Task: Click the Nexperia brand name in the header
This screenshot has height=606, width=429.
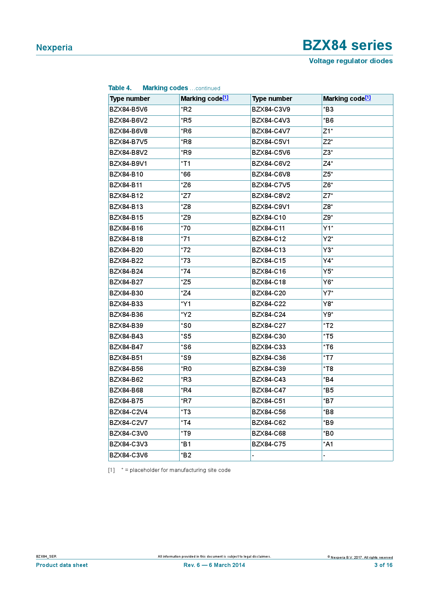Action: [x=54, y=48]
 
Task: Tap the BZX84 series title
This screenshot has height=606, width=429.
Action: [x=347, y=45]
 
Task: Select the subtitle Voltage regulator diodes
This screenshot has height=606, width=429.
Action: [x=350, y=61]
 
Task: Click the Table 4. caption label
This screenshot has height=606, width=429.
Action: [x=120, y=88]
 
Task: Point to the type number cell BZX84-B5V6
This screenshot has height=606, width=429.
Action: [x=128, y=110]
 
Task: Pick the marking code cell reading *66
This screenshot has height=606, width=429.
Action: [x=186, y=174]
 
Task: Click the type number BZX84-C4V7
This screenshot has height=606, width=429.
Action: [x=271, y=131]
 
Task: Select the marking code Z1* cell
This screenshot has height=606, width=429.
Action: [x=328, y=131]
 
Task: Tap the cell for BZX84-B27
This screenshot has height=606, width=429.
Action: [x=126, y=282]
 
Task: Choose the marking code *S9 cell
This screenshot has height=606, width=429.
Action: [x=186, y=358]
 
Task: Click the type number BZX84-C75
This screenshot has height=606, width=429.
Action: [x=269, y=444]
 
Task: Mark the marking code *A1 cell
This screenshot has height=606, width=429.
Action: [x=328, y=444]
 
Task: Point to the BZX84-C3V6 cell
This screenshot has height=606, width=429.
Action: [x=128, y=455]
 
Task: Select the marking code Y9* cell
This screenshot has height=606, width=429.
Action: [x=328, y=315]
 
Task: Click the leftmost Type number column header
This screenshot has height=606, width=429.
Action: [x=130, y=99]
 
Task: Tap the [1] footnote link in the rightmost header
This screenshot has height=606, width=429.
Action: [x=368, y=98]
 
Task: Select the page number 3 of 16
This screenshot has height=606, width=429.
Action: [x=383, y=565]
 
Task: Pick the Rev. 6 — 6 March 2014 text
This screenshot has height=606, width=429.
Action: [x=214, y=565]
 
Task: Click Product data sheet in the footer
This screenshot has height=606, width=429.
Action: [x=62, y=565]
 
